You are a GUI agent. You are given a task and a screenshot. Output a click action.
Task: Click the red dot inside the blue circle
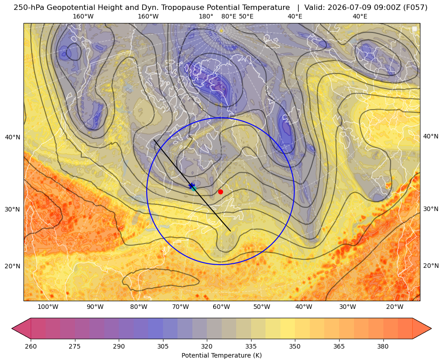click(x=220, y=192)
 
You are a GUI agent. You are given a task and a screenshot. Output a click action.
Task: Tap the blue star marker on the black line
click(x=191, y=186)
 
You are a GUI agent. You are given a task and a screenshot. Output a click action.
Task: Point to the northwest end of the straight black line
click(x=154, y=140)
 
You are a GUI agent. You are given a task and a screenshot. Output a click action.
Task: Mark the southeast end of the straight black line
click(x=231, y=231)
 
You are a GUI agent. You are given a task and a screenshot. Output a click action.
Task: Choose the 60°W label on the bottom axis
click(x=221, y=307)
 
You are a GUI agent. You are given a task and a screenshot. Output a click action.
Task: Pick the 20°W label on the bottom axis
click(x=395, y=307)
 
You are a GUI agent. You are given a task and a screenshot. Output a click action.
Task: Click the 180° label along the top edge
click(x=206, y=16)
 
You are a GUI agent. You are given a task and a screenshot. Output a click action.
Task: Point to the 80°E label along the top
click(x=228, y=16)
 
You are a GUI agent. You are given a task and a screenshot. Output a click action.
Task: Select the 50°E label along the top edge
click(x=246, y=16)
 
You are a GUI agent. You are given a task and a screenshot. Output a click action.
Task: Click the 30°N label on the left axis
click(x=13, y=209)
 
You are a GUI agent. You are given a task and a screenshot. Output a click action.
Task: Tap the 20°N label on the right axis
click(x=431, y=266)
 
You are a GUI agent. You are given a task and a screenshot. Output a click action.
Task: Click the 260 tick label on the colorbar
click(x=31, y=346)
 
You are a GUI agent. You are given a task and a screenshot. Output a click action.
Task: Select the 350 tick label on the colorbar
click(x=295, y=346)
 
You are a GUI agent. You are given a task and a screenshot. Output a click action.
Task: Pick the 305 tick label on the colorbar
click(x=163, y=346)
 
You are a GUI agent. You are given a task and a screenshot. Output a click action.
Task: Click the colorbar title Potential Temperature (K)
click(x=221, y=355)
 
